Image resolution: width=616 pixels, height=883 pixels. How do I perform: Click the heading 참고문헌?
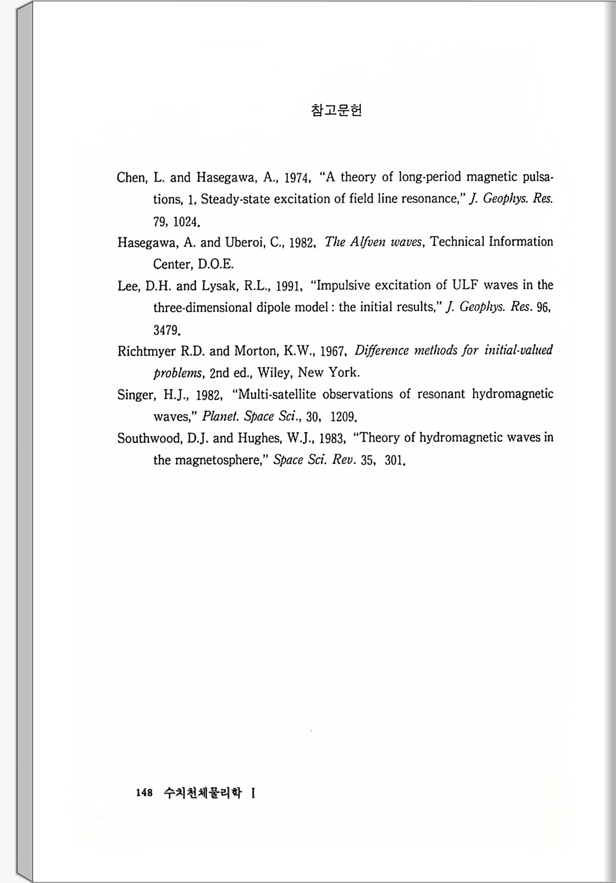(337, 110)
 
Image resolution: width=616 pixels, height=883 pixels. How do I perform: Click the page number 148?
(144, 793)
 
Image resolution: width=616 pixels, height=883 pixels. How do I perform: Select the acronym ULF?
(465, 285)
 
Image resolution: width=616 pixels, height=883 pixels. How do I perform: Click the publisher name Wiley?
(274, 372)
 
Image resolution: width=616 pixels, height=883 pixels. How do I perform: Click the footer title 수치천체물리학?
(202, 793)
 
